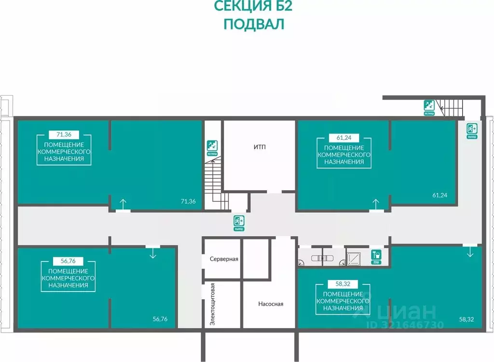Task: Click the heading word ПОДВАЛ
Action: click(254, 24)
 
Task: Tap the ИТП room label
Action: click(260, 147)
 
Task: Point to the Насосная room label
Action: click(271, 304)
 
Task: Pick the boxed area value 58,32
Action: click(340, 284)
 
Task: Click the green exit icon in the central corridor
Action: click(239, 222)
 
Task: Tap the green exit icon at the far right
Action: click(471, 129)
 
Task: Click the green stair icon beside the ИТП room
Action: click(211, 146)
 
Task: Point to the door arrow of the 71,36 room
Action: click(123, 204)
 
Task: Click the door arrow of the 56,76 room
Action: click(152, 252)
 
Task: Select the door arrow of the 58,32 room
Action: click(470, 252)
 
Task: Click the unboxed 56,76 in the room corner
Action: click(160, 319)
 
